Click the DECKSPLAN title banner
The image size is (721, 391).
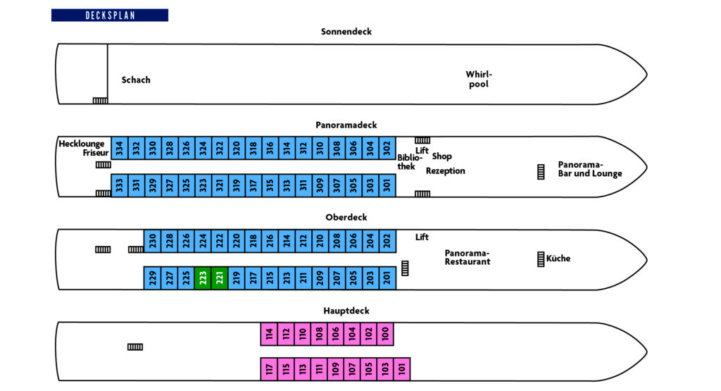pyautogui.click(x=109, y=15)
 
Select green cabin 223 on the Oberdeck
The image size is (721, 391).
pyautogui.click(x=203, y=278)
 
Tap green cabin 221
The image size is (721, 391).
pyautogui.click(x=220, y=278)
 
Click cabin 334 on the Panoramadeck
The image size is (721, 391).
pyautogui.click(x=120, y=148)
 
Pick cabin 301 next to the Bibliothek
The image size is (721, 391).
pyautogui.click(x=387, y=185)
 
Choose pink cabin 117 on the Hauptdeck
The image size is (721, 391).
pyautogui.click(x=269, y=369)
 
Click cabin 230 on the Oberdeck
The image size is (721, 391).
pyautogui.click(x=153, y=240)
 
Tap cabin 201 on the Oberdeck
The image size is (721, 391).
pyautogui.click(x=387, y=278)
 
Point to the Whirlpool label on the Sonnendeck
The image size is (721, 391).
pyautogui.click(x=479, y=79)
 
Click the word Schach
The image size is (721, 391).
pyautogui.click(x=136, y=80)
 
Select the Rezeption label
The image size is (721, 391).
pyautogui.click(x=446, y=171)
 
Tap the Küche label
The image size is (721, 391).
pyautogui.click(x=558, y=259)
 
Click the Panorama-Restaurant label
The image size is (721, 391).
pyautogui.click(x=468, y=257)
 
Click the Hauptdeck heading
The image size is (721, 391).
pyautogui.click(x=346, y=311)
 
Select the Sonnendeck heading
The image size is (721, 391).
pyautogui.click(x=346, y=32)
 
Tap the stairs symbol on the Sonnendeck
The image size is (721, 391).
pyautogui.click(x=100, y=100)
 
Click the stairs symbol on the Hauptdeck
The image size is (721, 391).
pyautogui.click(x=135, y=347)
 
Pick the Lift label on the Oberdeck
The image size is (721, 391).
pyautogui.click(x=422, y=237)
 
